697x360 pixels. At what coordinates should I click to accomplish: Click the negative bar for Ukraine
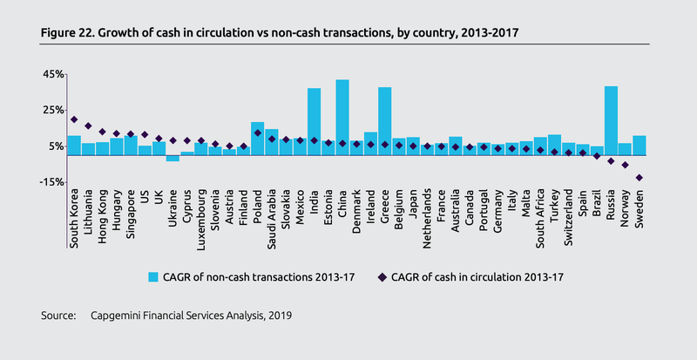pos(173,158)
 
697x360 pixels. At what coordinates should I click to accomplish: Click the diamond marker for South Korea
pos(74,119)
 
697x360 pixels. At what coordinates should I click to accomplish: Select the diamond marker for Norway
pos(625,165)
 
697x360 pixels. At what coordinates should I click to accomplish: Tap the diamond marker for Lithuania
pos(88,126)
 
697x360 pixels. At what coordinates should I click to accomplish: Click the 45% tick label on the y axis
pos(51,75)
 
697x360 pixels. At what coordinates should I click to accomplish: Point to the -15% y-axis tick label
pos(50,182)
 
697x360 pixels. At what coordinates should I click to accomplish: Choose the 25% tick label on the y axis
pos(51,111)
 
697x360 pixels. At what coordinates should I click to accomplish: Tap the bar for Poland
pos(257,139)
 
